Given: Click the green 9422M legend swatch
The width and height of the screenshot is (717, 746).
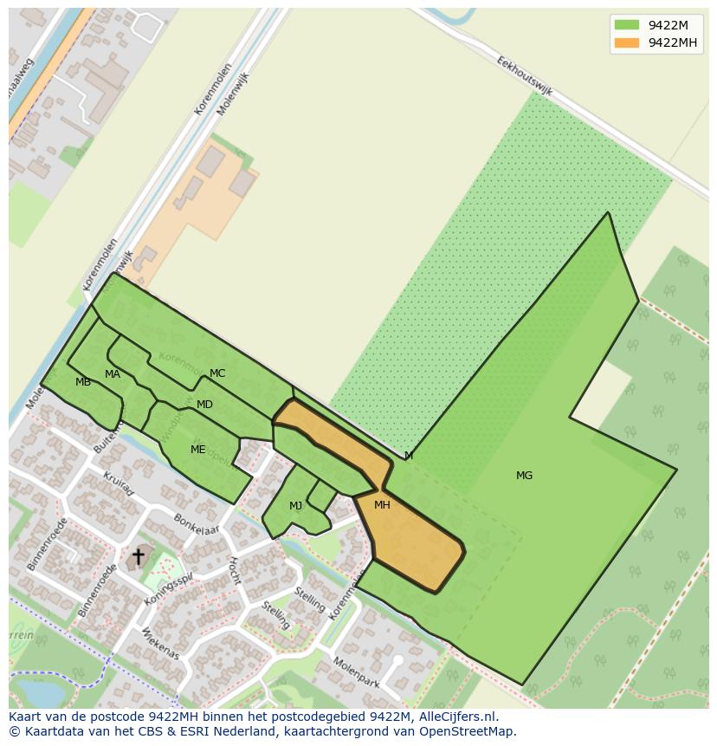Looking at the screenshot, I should [627, 24].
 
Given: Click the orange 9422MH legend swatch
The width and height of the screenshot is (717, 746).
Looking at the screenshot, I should [627, 42].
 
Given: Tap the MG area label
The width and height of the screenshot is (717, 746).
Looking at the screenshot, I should [524, 476].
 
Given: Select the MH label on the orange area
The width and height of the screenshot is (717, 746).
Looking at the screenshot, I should [382, 505].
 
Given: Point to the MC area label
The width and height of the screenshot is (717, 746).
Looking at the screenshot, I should [217, 373].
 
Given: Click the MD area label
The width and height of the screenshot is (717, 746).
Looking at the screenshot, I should [204, 405].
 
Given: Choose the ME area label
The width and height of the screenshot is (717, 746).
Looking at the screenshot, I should [198, 450].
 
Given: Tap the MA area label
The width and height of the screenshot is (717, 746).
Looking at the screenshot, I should [113, 374].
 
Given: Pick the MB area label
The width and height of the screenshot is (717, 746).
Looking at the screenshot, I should [83, 382].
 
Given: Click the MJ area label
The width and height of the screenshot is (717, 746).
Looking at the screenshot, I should [296, 506].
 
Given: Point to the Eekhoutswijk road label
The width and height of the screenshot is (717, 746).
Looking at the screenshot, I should [525, 76].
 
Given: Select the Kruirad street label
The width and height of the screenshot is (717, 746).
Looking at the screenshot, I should [119, 484].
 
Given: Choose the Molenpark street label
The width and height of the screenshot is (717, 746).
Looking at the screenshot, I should [357, 672].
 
